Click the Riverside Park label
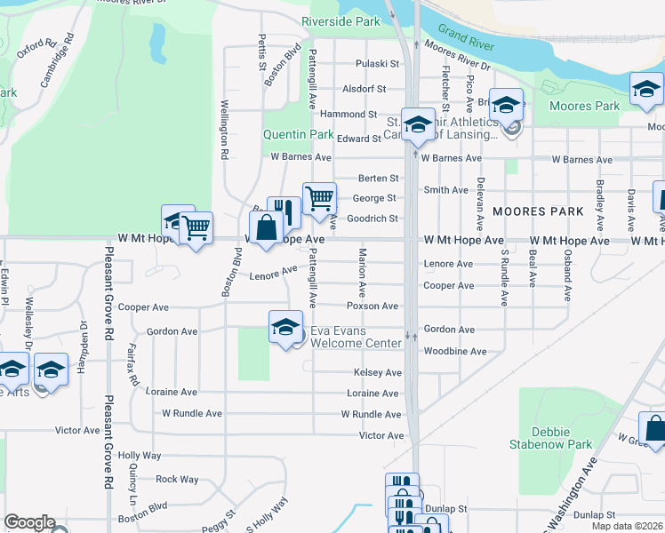click(341, 20)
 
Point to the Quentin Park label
click(297, 135)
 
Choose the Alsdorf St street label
click(365, 89)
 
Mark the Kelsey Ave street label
click(378, 373)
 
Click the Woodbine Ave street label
click(455, 352)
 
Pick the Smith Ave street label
click(446, 190)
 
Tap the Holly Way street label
click(145, 456)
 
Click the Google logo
click(29, 522)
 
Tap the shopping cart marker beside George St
click(319, 198)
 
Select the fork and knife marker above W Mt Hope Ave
click(284, 211)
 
